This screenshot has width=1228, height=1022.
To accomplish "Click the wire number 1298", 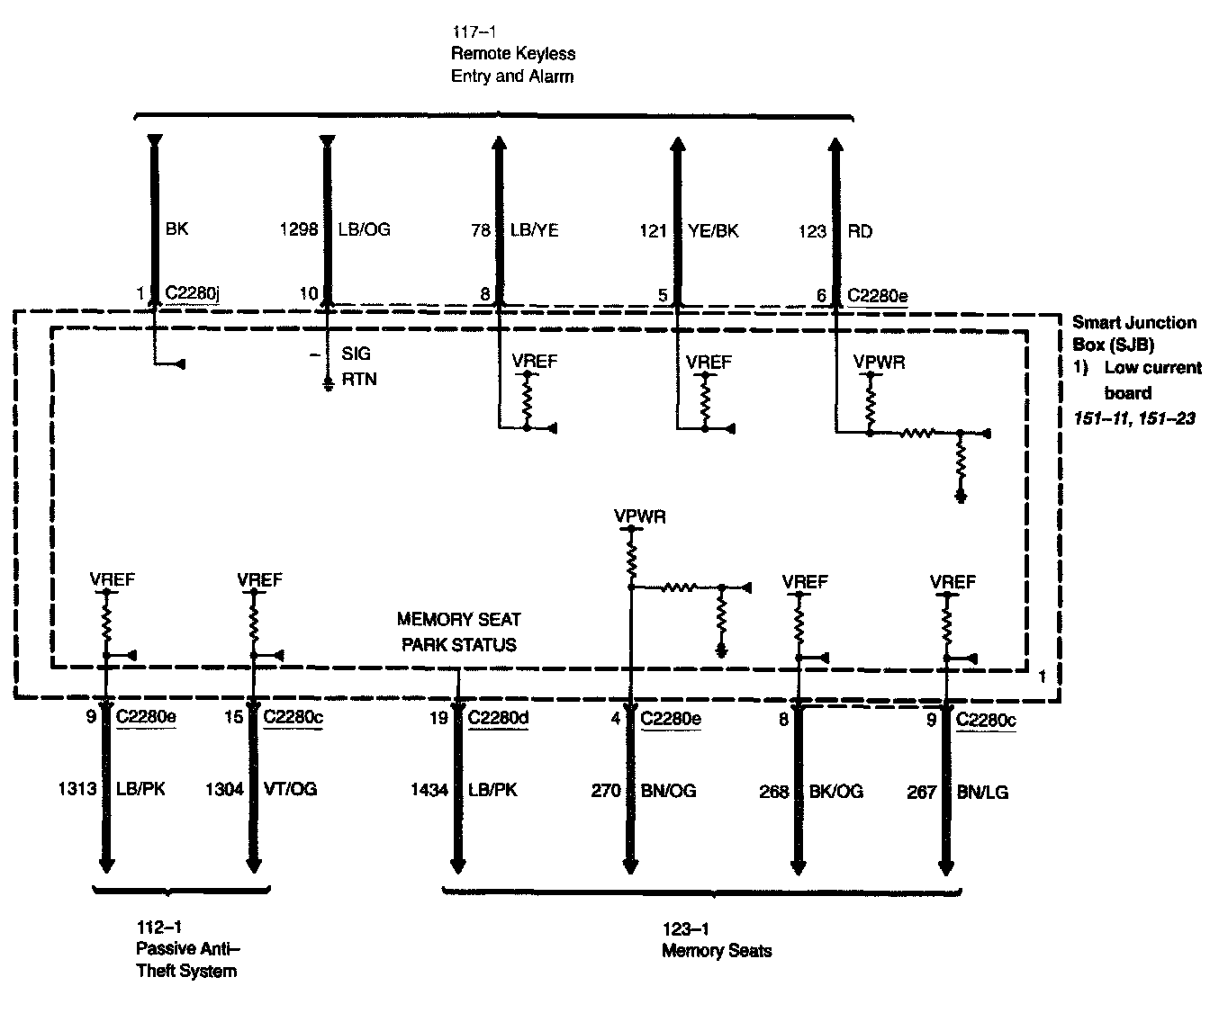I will (300, 230).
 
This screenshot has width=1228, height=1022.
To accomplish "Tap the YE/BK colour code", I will (715, 230).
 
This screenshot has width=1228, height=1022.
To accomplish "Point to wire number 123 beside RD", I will (812, 231).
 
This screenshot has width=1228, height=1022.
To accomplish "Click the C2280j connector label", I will (193, 293).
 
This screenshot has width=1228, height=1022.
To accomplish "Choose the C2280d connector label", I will (498, 719).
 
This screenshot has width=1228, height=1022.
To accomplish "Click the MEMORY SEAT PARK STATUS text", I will (459, 632).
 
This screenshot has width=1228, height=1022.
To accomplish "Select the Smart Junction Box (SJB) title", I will (1134, 332).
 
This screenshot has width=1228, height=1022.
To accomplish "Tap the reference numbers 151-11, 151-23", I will (1134, 418).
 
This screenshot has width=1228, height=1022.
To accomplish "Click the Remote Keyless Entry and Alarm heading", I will (512, 66).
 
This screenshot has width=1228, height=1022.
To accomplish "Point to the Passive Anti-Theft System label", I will (187, 960).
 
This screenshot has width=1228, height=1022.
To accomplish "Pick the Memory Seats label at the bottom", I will (717, 950).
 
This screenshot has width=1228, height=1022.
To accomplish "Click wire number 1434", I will (429, 790).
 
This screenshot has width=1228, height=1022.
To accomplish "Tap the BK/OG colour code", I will (836, 791).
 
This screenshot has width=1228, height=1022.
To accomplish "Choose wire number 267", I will (922, 792).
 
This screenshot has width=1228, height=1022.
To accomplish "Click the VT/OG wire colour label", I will (290, 789).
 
